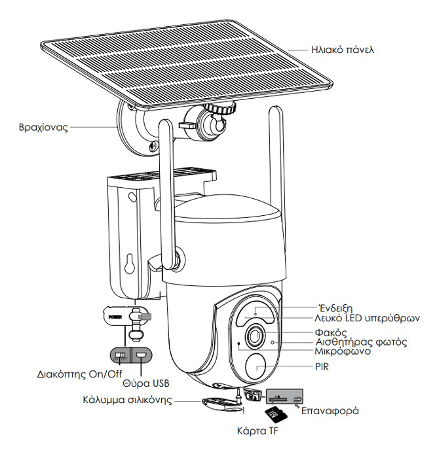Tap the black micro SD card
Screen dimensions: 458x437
click(x=275, y=414)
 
